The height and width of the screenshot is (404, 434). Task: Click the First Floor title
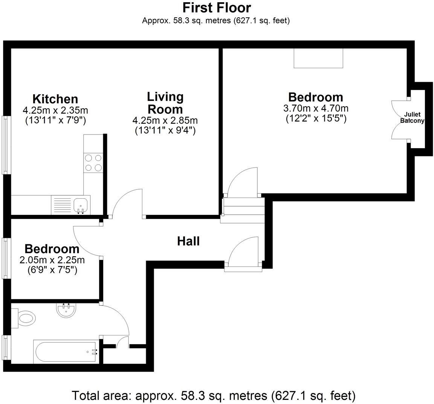(217, 8)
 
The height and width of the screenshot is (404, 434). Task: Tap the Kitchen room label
(55, 99)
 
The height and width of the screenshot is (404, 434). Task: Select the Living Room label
(165, 103)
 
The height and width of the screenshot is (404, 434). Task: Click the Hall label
(188, 241)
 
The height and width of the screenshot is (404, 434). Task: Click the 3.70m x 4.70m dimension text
(316, 109)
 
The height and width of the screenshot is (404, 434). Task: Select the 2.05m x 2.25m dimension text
(52, 260)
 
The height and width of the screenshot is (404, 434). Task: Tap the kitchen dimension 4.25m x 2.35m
(55, 110)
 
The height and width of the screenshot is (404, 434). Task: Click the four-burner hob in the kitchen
(93, 163)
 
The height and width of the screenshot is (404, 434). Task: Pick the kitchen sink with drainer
(71, 205)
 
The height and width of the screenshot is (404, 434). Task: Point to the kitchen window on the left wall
(6, 145)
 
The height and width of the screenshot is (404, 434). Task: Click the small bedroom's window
(6, 258)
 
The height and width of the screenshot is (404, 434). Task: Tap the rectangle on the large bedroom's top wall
(318, 58)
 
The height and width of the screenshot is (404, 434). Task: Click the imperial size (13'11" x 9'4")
(165, 131)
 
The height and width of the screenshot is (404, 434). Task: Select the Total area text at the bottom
(214, 396)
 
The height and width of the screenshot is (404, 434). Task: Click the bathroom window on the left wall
(6, 347)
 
